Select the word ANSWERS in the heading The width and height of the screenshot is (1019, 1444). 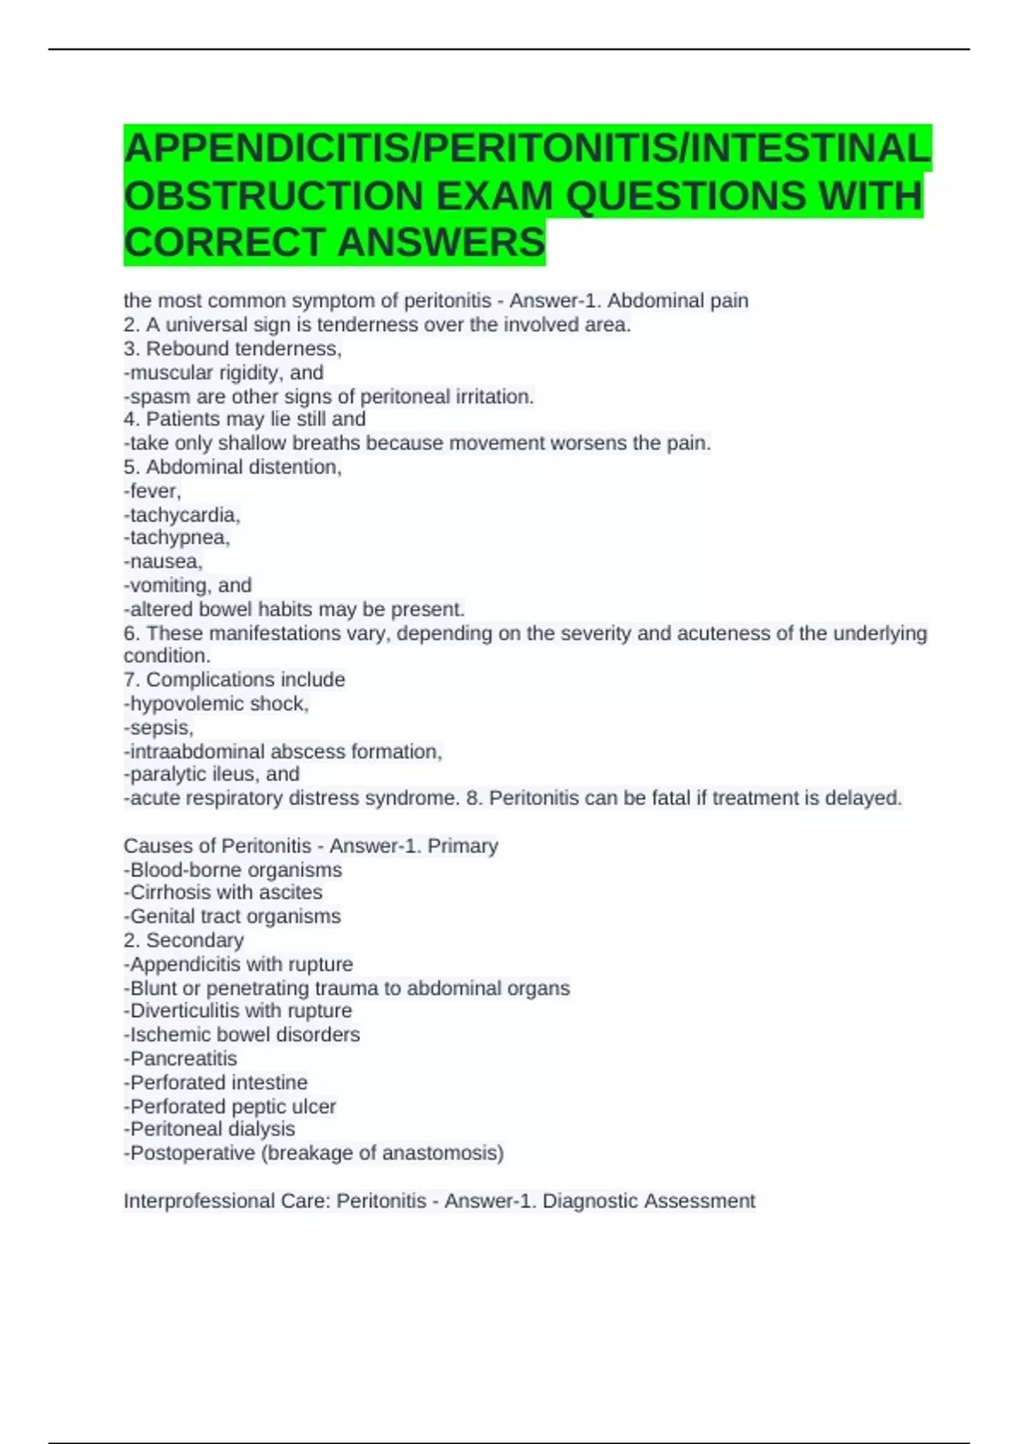tap(441, 243)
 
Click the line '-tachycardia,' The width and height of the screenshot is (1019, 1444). tap(182, 515)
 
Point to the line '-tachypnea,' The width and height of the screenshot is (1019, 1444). tap(177, 538)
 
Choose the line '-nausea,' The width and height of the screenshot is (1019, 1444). tap(163, 561)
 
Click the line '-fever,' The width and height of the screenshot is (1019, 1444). tap(152, 491)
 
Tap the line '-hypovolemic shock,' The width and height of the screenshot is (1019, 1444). tap(216, 704)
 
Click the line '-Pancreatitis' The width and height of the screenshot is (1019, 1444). tap(180, 1059)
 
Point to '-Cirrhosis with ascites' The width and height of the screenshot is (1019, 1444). tap(222, 893)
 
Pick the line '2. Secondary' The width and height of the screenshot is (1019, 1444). tap(183, 940)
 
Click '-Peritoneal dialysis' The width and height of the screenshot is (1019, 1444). tap(209, 1129)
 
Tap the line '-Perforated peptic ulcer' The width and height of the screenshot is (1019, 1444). tap(229, 1107)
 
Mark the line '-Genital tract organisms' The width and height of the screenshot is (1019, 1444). tap(232, 917)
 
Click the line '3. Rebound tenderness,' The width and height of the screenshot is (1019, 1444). tap(232, 349)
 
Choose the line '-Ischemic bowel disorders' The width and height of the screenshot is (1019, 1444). tap(241, 1035)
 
